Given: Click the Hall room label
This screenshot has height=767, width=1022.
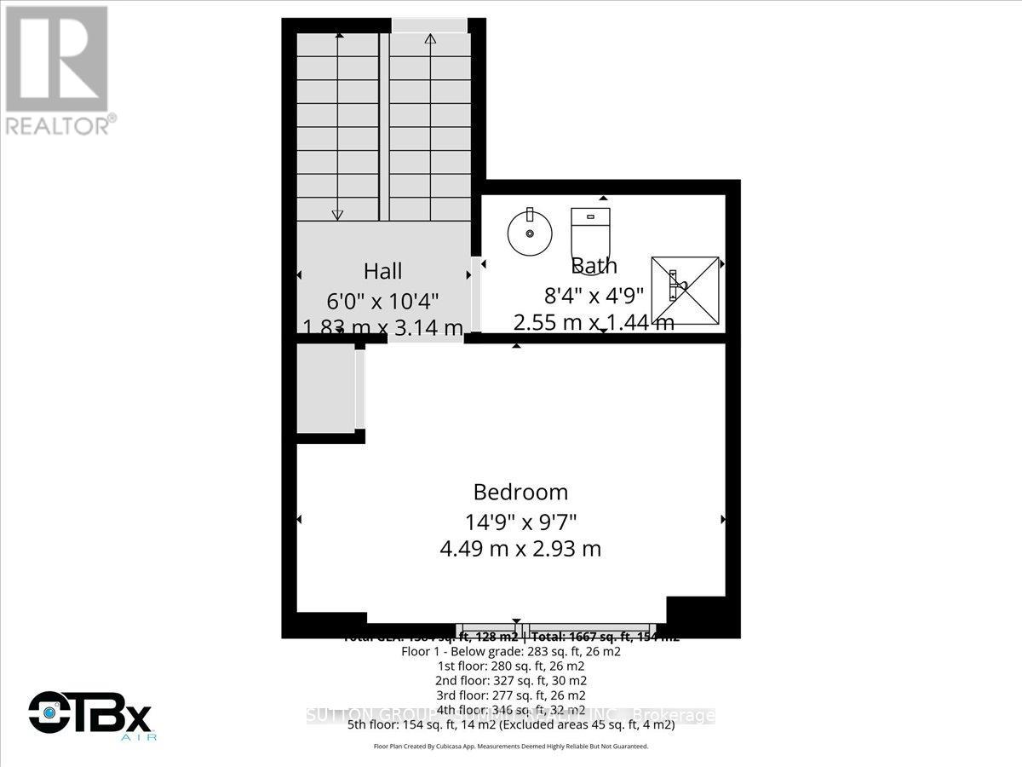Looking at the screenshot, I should point(382,272).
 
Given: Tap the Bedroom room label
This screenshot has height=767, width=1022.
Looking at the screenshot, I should point(520,492).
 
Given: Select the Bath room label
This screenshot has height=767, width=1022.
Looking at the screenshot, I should point(594,266).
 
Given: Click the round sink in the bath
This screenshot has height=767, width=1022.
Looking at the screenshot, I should point(529,230).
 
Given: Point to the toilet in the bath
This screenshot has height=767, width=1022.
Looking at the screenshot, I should point(590,231).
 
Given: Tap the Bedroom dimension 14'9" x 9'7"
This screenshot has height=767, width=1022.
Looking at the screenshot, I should point(520,521).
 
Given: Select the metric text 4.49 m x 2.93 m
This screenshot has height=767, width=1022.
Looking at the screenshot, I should point(520,549).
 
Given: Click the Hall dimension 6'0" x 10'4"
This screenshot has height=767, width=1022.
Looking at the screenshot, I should point(382,300).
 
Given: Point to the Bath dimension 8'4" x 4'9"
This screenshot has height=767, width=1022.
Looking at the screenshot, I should point(594,295).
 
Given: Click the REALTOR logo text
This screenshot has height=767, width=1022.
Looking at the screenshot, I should point(60,125).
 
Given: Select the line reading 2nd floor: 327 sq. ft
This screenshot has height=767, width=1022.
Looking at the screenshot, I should point(511,680).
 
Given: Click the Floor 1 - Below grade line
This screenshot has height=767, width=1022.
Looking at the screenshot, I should point(511,651).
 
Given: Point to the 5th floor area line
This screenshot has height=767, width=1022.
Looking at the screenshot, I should point(511,725).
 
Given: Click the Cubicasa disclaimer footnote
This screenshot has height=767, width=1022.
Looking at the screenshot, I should point(511,746).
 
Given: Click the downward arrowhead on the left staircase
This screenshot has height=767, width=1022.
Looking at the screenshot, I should point(337,214).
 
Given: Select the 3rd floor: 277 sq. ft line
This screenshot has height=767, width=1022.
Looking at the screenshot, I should point(511,695).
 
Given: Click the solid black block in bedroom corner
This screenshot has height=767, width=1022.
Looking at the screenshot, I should point(695,613).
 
